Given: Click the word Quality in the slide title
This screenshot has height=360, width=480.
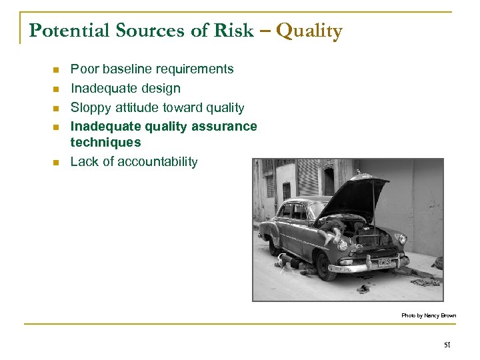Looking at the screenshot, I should pos(309,31).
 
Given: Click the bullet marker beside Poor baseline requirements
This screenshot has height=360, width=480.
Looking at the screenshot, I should pos(57,69).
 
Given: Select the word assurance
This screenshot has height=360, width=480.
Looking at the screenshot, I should pos(222,126).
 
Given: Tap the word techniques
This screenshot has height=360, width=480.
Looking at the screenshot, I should pos(105,142).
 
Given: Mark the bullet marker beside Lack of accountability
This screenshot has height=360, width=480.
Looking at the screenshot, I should pos(57,162).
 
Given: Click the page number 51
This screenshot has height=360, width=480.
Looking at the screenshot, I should pos(447,345).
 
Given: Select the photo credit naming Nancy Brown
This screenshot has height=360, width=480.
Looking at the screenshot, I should pos(428,315).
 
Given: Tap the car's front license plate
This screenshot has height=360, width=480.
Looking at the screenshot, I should pos(385,262).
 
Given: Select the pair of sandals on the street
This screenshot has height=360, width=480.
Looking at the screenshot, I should pos(364,288).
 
